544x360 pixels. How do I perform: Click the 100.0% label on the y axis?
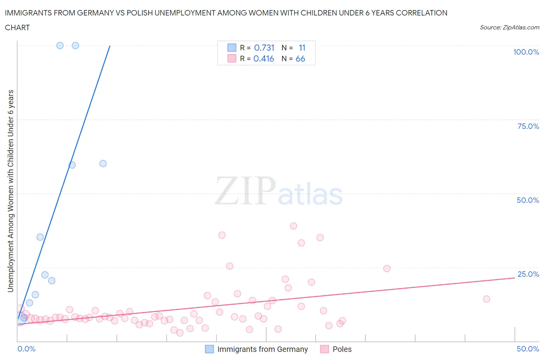coord(526,52)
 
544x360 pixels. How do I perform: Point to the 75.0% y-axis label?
coord(528,126)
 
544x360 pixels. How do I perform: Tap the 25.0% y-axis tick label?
coord(528,274)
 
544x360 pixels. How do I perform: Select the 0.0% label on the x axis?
coord(26,349)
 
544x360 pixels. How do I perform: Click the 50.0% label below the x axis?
coord(528,349)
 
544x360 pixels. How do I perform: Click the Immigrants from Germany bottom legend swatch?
coord(209,349)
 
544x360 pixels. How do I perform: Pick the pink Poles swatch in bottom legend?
coord(325,349)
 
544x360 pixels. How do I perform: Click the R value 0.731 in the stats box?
coord(264,48)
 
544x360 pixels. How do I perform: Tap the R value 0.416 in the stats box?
coord(263,58)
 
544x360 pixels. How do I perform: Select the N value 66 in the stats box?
coord(300,58)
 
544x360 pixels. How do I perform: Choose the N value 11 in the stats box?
coord(302,48)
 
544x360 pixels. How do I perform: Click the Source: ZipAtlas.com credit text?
coord(509,27)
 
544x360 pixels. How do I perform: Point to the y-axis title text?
coord(10,191)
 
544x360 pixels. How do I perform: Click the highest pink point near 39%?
coord(293,226)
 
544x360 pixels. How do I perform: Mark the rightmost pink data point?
coord(486,299)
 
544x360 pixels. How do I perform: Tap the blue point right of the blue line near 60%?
coord(103,163)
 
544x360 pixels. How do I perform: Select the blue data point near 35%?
coord(40,237)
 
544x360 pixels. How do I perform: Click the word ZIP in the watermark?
coord(245,191)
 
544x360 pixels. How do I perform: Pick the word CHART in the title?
coord(17,27)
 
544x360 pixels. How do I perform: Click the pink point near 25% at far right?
coord(387,269)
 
